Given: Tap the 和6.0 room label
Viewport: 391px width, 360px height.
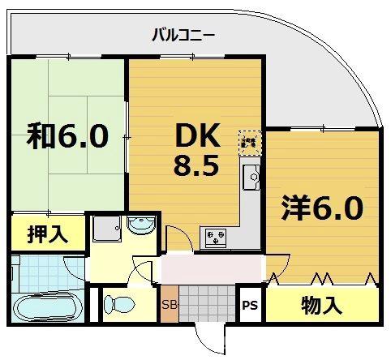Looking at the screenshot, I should coord(68,136).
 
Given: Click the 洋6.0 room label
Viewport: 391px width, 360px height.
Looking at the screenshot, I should coord(322,208).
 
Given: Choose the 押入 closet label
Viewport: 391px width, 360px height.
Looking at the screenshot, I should coord(47,235).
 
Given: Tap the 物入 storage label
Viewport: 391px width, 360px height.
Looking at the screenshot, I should coord(321,306).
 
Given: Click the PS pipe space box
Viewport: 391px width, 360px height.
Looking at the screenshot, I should coord(251,306).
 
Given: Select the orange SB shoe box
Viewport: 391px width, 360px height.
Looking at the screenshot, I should coord(169,305).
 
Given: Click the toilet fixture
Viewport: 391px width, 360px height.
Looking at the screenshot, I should coord(118,305).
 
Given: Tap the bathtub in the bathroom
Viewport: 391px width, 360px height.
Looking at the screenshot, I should coord(47,309).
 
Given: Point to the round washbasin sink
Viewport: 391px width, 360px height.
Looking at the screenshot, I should coord(140,226).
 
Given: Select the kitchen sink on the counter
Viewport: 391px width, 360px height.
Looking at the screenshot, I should coord(251,175).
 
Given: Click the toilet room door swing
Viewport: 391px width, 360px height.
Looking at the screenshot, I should coord(144,276).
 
